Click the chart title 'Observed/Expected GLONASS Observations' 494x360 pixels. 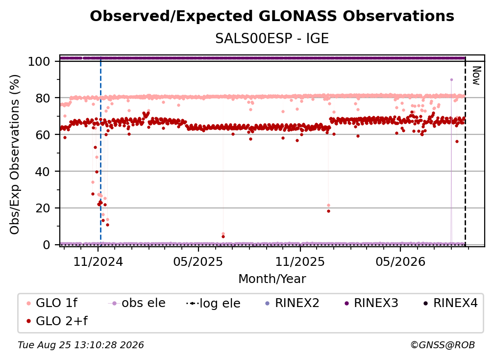272,16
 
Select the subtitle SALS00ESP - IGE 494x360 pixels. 272,38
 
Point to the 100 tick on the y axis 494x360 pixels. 39,61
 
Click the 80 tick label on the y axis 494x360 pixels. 43,98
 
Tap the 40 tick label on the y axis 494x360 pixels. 43,172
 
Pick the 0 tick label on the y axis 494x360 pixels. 46,245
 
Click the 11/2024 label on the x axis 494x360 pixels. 98,261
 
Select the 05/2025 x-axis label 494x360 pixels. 198,261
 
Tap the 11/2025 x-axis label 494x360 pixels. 300,261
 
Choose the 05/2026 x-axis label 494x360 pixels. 400,261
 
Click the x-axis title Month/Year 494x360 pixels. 272,279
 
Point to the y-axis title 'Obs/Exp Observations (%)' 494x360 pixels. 15,154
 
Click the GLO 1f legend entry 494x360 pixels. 52,303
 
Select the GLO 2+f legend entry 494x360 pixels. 57,321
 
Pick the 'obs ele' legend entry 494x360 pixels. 137,303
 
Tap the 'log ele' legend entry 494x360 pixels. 214,303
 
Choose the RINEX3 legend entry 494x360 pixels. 371,303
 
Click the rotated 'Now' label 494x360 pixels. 476,76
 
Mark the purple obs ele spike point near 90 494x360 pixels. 451,80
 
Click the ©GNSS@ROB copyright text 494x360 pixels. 443,345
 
